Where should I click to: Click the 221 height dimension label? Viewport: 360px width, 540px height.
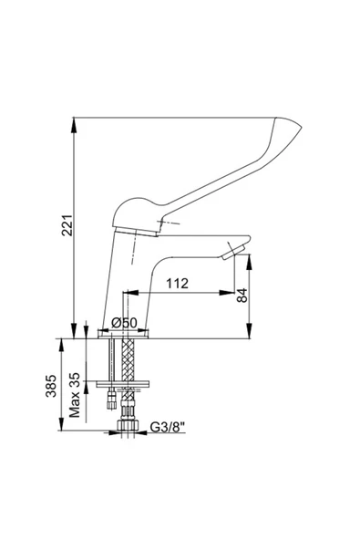(67, 225)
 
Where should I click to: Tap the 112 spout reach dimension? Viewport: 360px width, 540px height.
(177, 283)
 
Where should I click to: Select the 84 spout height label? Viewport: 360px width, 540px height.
(242, 296)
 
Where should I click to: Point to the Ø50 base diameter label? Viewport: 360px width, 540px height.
(124, 323)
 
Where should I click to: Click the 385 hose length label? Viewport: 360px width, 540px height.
(51, 386)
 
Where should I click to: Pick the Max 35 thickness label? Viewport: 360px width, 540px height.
(75, 395)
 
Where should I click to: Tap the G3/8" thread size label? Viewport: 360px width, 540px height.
(168, 428)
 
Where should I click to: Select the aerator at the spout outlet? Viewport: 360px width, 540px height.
(233, 251)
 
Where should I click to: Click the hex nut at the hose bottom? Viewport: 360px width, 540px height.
(128, 425)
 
